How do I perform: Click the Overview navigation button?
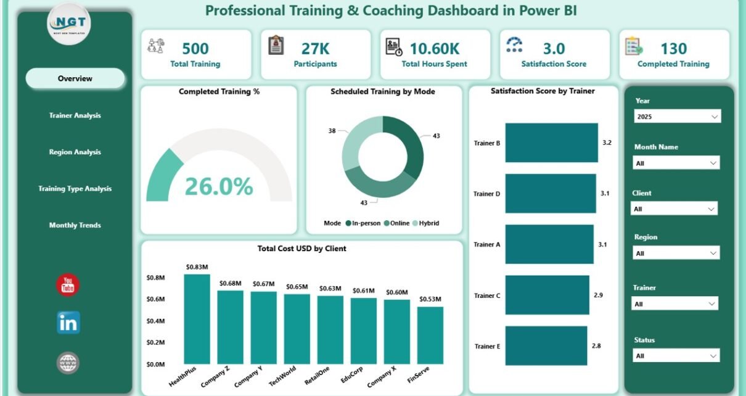(x=75, y=78)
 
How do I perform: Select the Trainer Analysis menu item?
(x=75, y=115)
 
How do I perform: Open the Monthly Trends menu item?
(x=75, y=225)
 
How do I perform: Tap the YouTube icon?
(x=68, y=285)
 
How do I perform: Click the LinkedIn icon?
(x=68, y=323)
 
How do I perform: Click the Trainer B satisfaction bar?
(x=551, y=142)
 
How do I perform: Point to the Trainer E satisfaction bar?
(x=546, y=345)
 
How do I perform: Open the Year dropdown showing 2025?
(x=677, y=116)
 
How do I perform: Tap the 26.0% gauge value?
(x=219, y=186)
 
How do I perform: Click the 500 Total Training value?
(x=195, y=48)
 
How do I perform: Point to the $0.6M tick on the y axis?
(x=155, y=299)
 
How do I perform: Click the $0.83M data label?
(x=197, y=267)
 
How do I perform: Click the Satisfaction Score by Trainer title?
(x=543, y=91)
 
